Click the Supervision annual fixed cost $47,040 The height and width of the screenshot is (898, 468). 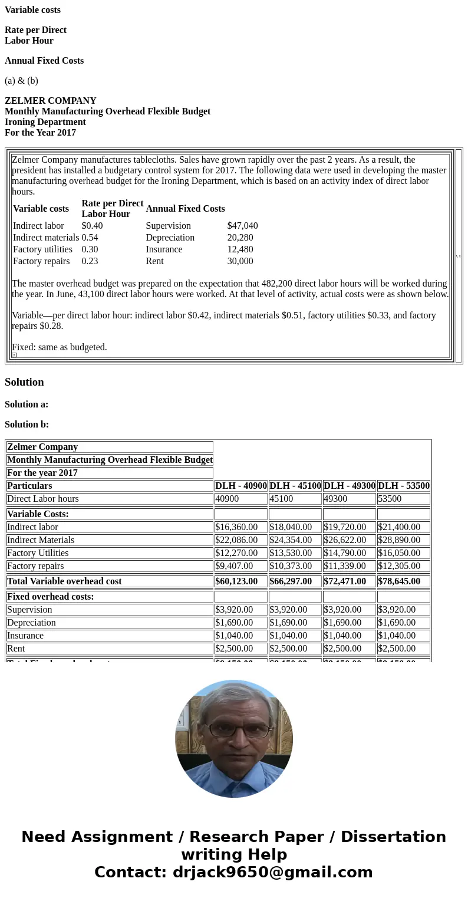coord(242,226)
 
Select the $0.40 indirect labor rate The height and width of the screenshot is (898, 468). coord(92,226)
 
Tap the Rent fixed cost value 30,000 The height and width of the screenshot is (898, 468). coord(240,261)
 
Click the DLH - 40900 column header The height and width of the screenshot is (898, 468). coord(241,486)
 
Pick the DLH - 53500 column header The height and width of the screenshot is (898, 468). coord(404,486)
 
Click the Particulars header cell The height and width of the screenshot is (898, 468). coord(29,486)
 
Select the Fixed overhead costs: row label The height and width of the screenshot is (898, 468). coord(51,597)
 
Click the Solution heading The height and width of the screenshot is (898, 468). coord(24,382)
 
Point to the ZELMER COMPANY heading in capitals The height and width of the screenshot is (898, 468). coord(51,101)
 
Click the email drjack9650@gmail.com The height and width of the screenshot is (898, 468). coord(272,873)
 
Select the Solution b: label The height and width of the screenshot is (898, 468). coord(27,425)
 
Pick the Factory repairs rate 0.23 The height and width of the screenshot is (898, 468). coord(90,261)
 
